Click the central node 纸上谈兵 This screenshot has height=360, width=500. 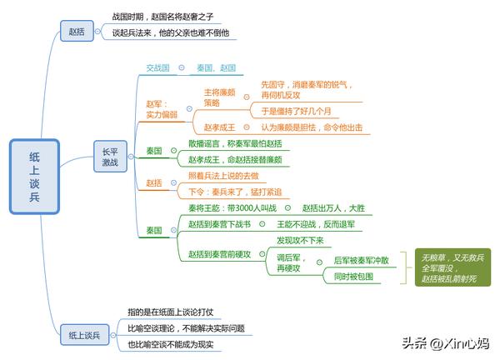(34, 177)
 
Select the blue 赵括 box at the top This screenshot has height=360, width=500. (77, 31)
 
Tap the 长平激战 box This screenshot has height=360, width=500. (110, 156)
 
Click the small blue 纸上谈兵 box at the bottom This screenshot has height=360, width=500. (84, 335)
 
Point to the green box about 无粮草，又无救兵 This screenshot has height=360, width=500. (452, 267)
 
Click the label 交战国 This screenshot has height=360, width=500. (157, 68)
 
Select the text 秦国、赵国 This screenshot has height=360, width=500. (216, 68)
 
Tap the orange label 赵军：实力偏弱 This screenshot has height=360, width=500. (162, 109)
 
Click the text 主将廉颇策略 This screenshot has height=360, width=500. (219, 97)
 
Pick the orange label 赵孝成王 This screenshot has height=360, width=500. (219, 127)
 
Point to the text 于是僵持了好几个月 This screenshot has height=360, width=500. (296, 111)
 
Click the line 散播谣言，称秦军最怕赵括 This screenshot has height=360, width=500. (235, 143)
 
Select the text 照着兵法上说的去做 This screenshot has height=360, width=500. (223, 176)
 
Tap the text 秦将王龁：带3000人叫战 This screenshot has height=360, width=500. (232, 208)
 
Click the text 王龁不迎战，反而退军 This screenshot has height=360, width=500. (316, 224)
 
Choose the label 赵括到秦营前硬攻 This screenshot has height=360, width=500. (219, 254)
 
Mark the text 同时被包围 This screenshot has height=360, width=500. (353, 277)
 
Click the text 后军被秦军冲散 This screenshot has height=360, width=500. (362, 261)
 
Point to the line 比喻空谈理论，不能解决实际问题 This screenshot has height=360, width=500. (186, 328)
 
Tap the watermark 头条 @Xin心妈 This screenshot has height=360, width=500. (445, 343)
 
